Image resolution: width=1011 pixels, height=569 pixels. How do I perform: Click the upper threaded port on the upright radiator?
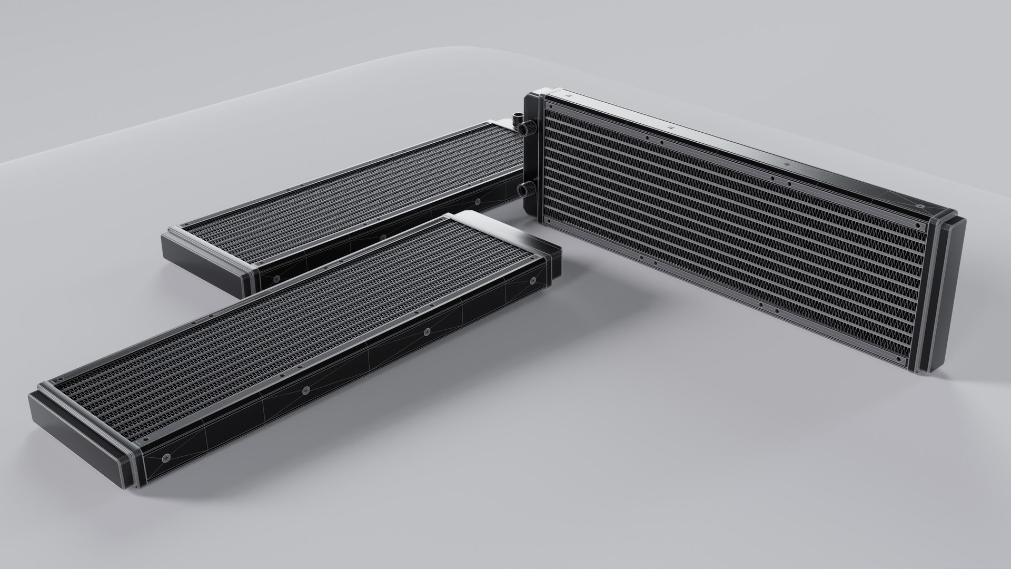(526, 127)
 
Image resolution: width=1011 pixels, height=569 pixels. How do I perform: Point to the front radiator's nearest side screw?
(167, 457)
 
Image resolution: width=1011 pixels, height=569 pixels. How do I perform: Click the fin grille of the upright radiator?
(727, 232)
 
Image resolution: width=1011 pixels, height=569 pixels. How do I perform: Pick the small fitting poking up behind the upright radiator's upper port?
(514, 117)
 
